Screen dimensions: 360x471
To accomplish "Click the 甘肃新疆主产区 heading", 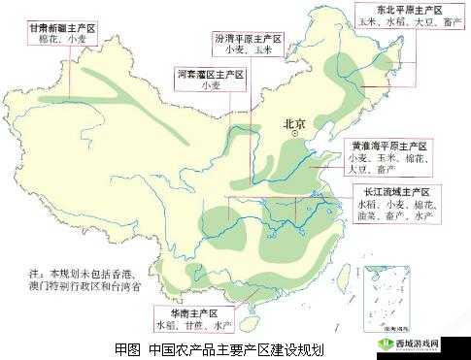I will tap(63, 31).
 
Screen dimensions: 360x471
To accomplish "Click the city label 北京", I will tap(295, 123).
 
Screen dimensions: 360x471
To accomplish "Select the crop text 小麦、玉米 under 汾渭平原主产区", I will tap(247, 50).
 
